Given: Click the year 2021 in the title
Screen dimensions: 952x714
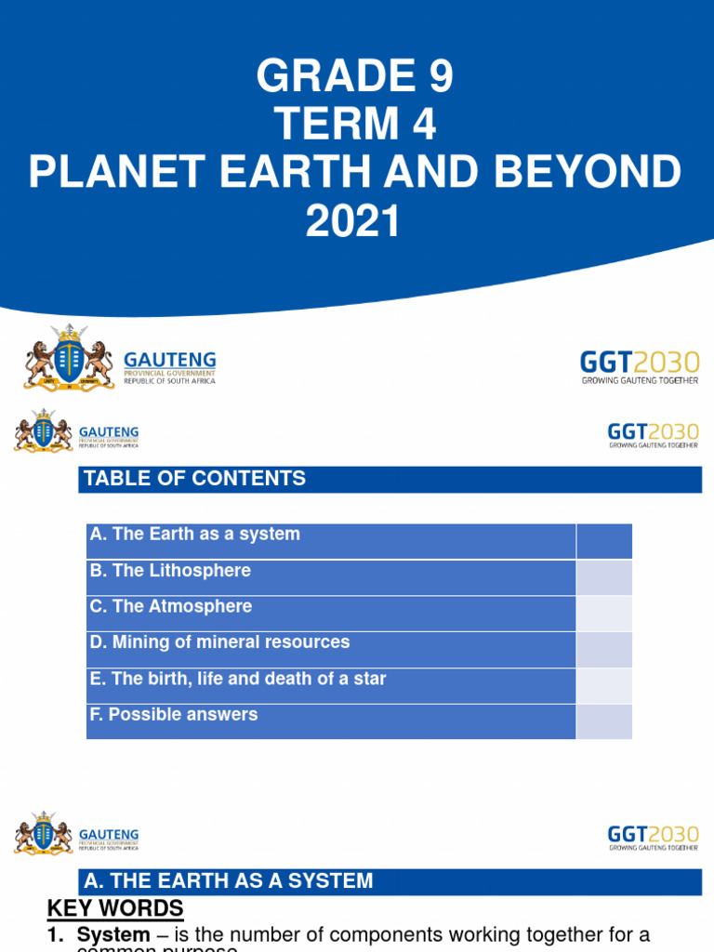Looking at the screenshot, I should [x=357, y=222].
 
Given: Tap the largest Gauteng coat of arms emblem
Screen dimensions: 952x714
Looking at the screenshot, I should [x=68, y=357].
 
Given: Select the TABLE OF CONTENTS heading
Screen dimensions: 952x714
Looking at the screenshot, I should [x=195, y=479].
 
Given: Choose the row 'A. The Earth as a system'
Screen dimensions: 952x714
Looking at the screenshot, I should [x=195, y=535].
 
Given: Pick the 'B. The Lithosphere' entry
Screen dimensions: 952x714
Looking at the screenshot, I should [x=170, y=571].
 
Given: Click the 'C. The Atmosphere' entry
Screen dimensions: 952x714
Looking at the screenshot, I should [x=171, y=607].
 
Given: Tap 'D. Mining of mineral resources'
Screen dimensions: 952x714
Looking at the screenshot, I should [x=219, y=642].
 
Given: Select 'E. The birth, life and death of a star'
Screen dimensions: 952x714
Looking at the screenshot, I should [x=237, y=679].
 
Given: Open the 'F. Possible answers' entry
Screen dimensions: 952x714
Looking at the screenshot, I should [x=174, y=715].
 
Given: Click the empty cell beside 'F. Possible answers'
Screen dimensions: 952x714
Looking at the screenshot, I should [x=604, y=721].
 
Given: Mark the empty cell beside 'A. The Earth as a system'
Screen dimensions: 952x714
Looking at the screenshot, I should [x=604, y=541].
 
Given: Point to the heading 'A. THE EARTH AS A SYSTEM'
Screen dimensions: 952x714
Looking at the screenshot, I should [x=229, y=880].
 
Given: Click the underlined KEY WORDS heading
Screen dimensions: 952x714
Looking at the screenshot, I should [x=115, y=908].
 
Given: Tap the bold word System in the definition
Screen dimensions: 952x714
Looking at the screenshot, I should [x=112, y=934].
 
